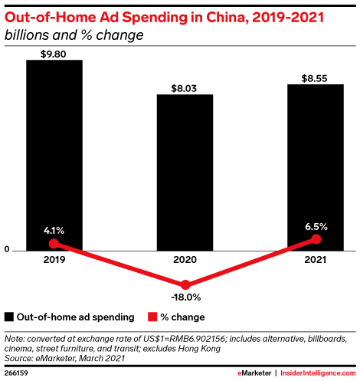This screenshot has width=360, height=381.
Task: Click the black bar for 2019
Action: point(54,153)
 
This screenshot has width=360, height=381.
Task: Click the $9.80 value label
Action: point(54,53)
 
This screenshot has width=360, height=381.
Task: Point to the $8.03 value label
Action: point(185,88)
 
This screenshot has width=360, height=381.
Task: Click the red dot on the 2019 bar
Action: point(54,243)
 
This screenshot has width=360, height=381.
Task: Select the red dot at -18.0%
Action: point(185,284)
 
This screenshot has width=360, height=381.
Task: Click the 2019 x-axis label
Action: point(54,260)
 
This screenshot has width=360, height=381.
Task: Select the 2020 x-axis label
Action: point(185,260)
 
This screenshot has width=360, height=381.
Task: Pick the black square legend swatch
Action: point(9,317)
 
